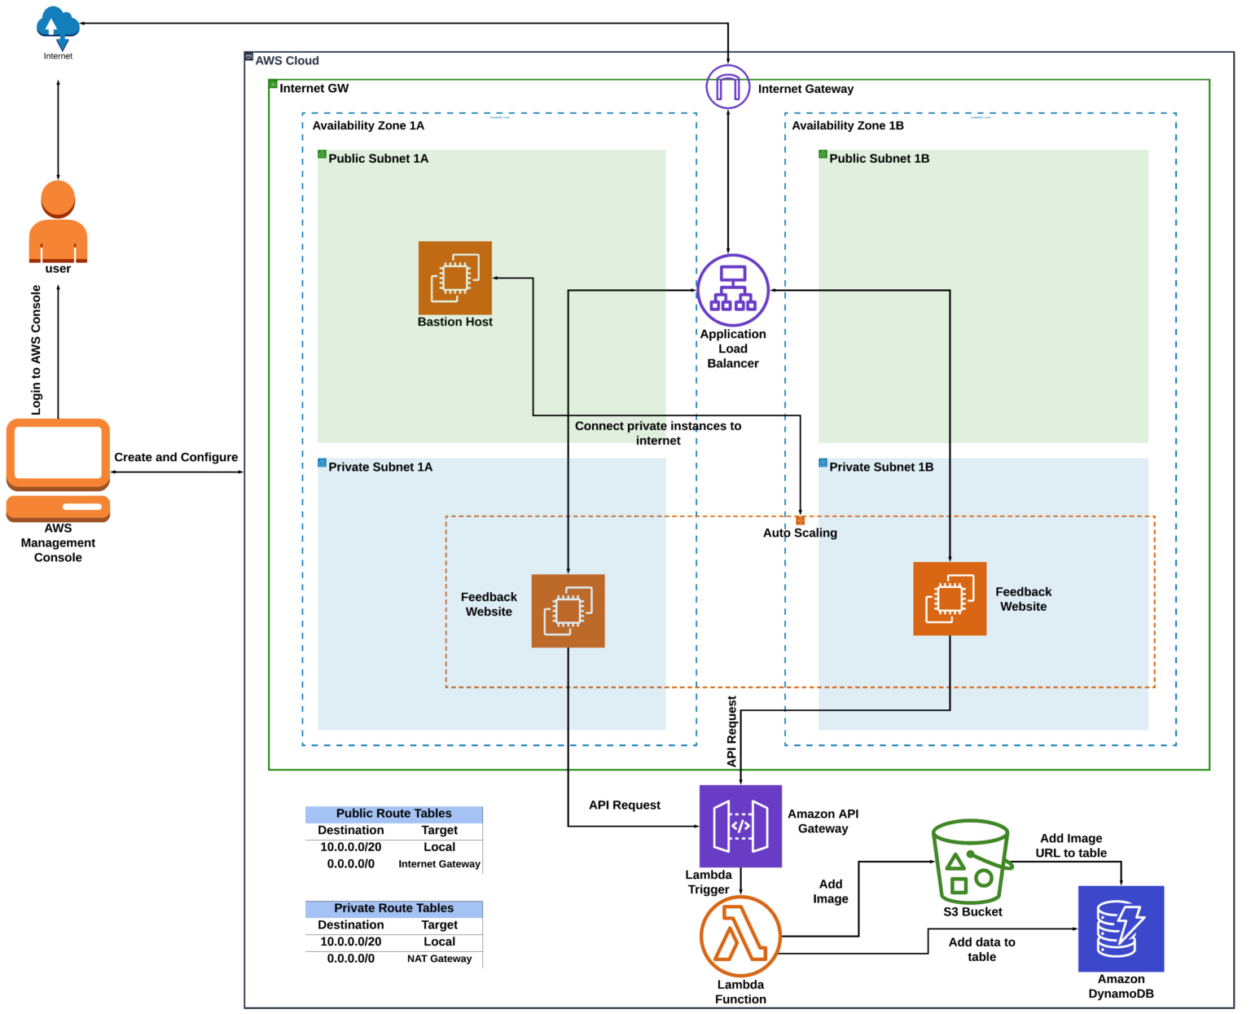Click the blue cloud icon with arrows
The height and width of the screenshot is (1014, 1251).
point(58,27)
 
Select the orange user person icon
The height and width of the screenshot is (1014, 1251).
point(58,222)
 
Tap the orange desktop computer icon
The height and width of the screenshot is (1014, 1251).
point(58,470)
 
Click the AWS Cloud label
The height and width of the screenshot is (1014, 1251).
point(287,61)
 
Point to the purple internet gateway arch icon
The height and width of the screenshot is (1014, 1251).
point(727,86)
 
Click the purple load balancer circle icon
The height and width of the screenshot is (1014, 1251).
point(733,290)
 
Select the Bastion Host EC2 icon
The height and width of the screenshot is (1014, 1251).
point(454,278)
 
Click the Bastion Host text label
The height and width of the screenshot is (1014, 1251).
point(454,323)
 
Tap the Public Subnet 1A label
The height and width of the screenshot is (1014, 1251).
point(378,159)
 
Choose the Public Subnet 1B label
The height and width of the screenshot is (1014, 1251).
point(879,159)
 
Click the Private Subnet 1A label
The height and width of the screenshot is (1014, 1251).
point(380,467)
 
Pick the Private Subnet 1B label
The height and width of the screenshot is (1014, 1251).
point(881,467)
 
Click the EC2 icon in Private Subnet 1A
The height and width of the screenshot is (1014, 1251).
point(568,611)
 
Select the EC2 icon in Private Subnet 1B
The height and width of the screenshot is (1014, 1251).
point(950,599)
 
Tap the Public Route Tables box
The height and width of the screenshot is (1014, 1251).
point(393,814)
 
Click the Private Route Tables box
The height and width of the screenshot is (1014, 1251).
point(393,909)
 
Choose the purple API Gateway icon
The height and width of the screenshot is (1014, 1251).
point(740,826)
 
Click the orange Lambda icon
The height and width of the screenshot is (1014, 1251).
point(740,936)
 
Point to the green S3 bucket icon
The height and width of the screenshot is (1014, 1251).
point(971,862)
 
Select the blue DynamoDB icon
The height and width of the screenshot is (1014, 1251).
point(1121,928)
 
